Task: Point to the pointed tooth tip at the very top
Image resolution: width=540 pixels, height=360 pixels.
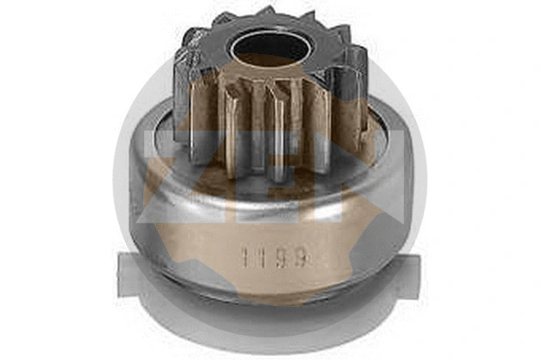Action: pos(268,11)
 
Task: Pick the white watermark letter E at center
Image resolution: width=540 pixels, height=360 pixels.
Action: pos(270,180)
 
